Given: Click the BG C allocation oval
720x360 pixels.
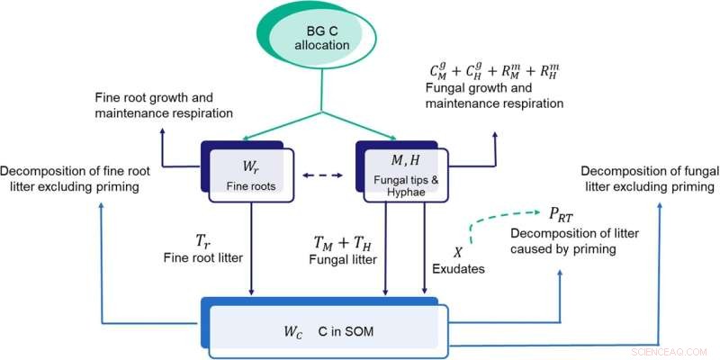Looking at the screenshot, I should [322, 40].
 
